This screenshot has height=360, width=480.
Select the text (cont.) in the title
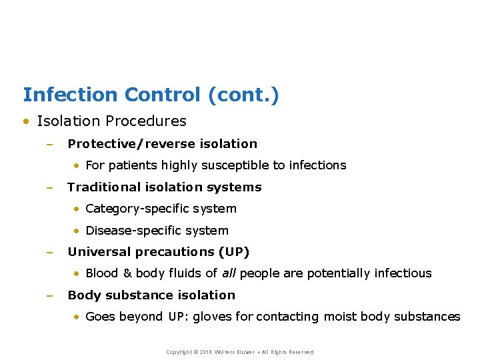243,95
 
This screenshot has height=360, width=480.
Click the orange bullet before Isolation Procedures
26,121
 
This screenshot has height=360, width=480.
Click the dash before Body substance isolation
49,295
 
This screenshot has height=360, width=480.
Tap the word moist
340,317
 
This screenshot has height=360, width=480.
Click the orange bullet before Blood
77,273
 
